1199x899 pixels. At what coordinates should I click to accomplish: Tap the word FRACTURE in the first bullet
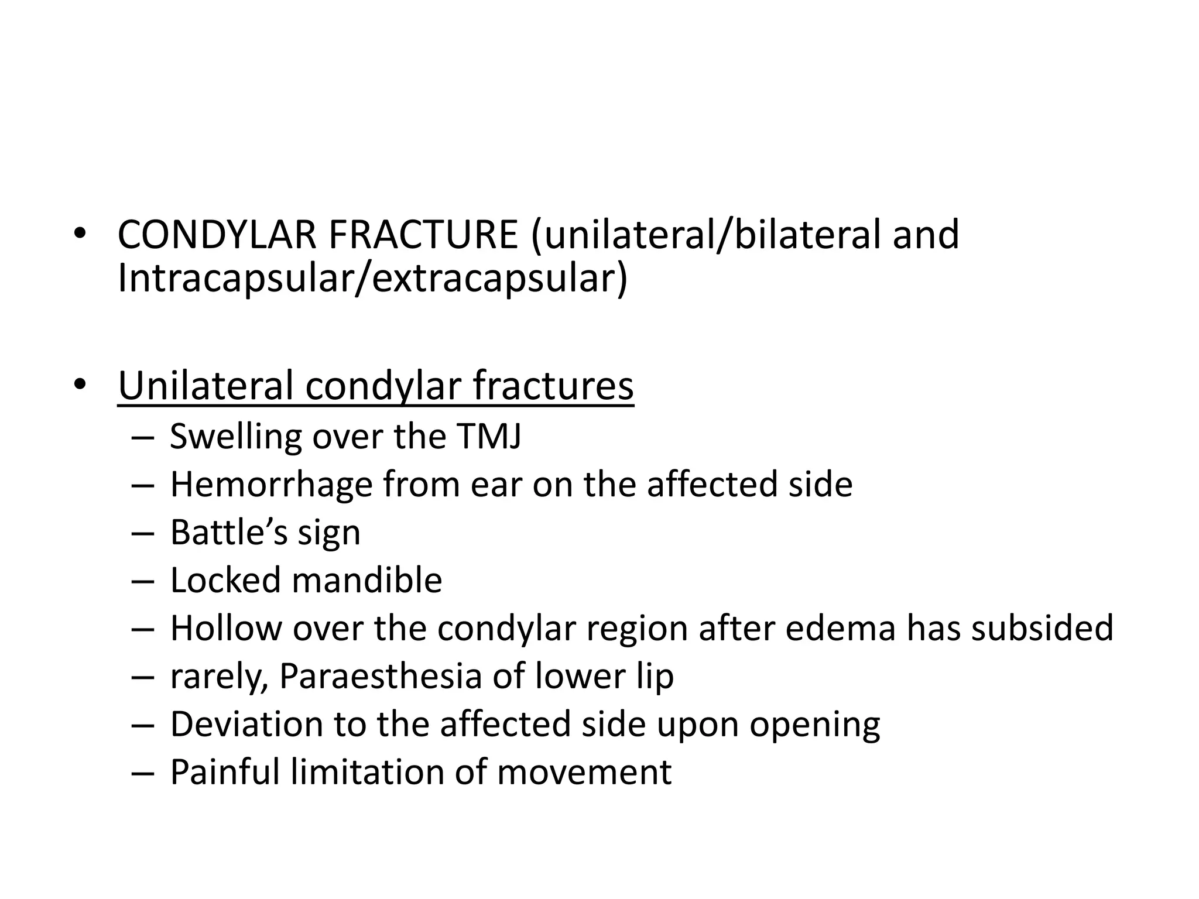(x=423, y=235)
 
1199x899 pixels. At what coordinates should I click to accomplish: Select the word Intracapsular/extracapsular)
(x=372, y=279)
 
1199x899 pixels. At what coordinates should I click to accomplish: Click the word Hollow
(x=226, y=629)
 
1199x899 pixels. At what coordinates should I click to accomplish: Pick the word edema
(x=840, y=629)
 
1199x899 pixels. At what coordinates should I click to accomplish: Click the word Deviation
(x=246, y=725)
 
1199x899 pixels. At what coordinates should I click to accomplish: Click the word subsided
(x=1042, y=629)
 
